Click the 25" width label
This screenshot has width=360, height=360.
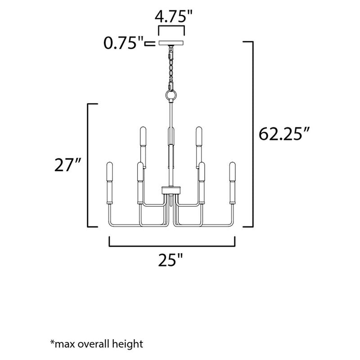172,260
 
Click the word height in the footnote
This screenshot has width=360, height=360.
128,344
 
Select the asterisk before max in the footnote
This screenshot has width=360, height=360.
52,343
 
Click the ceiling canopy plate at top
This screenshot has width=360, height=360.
171,43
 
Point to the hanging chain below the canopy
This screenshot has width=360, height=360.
171,67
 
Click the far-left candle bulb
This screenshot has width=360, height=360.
109,171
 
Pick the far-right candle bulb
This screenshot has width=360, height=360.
233,171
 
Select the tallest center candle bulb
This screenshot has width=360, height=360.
171,135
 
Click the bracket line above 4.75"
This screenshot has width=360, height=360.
171,29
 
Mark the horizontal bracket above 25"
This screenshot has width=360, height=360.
172,246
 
